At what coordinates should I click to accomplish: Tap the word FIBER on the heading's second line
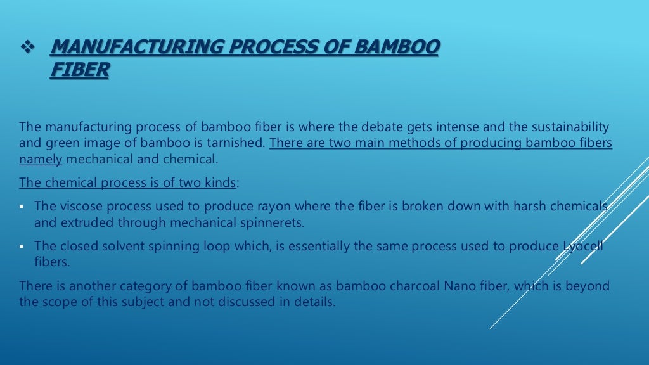click(x=79, y=70)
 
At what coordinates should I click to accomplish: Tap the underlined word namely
click(x=41, y=159)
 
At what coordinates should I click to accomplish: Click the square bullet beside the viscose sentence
click(x=22, y=207)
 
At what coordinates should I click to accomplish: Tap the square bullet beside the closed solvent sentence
click(x=22, y=246)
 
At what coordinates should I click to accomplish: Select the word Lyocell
click(x=582, y=246)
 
